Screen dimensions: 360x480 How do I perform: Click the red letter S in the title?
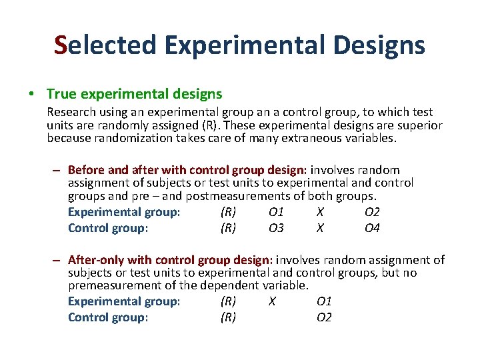tap(61, 45)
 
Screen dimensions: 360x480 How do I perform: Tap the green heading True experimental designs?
tap(135, 95)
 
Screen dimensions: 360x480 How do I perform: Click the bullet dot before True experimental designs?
tap(32, 95)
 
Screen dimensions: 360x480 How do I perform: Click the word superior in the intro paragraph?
tap(419, 126)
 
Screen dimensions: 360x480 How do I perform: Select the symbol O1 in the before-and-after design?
tap(276, 213)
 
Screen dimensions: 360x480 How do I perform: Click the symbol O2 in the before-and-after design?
tap(372, 213)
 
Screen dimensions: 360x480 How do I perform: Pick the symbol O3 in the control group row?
tap(276, 228)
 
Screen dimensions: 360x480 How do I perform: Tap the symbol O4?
tap(372, 228)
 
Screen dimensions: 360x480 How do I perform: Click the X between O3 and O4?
tap(321, 228)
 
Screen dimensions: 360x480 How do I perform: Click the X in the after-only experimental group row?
tap(272, 301)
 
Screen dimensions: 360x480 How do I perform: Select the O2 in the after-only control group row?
tap(324, 317)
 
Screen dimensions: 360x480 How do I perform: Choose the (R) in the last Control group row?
tap(228, 317)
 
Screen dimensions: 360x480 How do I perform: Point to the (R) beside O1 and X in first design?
tap(228, 213)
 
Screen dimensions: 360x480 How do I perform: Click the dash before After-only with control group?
tap(59, 261)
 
